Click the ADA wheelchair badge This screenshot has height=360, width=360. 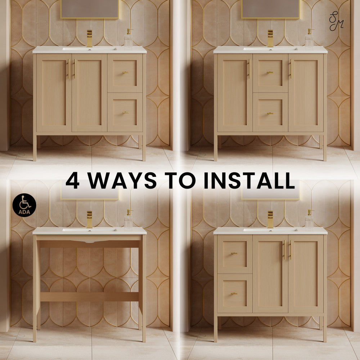click(24, 205)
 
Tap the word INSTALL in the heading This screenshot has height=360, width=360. click(249, 180)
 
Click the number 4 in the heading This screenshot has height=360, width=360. click(73, 180)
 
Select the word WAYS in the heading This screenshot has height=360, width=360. click(122, 180)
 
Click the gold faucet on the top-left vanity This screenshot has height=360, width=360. click(89, 39)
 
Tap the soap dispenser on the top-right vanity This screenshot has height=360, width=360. click(309, 39)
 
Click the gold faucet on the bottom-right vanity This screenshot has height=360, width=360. click(270, 220)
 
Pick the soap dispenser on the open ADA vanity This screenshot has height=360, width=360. click(129, 219)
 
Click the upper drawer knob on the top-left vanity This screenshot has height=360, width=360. click(125, 72)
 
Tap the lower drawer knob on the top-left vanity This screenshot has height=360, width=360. click(125, 113)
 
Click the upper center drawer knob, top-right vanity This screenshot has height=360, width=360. click(270, 73)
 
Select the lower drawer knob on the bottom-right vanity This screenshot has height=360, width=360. click(234, 294)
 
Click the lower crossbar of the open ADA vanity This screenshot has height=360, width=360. click(89, 297)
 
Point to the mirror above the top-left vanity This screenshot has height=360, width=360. click(90, 9)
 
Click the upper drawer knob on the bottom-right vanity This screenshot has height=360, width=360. click(234, 253)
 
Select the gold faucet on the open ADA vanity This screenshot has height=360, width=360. click(89, 220)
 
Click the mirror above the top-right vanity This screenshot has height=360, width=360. click(270, 9)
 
